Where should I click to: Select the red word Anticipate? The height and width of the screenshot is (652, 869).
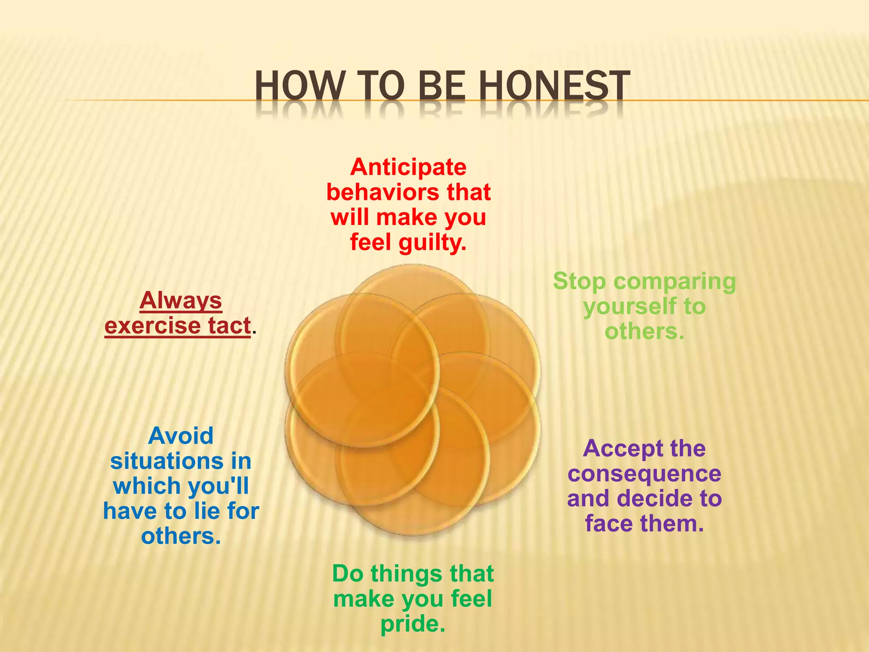408,167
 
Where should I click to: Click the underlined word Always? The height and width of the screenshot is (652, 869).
181,300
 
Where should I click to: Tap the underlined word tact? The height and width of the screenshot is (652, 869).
229,326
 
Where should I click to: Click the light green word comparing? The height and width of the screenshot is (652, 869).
675,281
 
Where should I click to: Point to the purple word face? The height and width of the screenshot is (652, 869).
609,523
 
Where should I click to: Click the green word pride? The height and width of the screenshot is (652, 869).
412,624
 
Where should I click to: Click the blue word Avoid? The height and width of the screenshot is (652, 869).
181,436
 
